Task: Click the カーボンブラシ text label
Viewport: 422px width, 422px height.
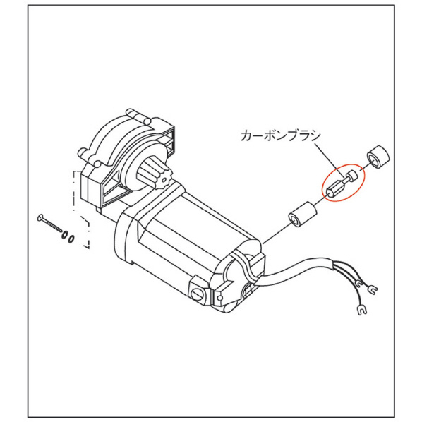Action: click(x=281, y=135)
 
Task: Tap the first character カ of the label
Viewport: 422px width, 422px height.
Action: click(x=246, y=135)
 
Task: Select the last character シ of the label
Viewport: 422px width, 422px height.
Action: click(x=315, y=135)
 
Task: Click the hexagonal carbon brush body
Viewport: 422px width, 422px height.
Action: click(x=334, y=188)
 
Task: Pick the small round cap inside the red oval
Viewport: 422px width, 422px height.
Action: click(x=353, y=175)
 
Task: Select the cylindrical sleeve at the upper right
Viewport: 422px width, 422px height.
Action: click(x=378, y=157)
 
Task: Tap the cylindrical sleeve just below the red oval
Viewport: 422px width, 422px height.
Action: click(x=303, y=215)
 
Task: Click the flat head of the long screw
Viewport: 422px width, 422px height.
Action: click(x=40, y=217)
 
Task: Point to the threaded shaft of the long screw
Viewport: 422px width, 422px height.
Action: click(x=52, y=224)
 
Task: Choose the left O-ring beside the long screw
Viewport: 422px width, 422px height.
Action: click(x=65, y=235)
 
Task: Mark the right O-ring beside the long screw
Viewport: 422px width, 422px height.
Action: click(x=71, y=239)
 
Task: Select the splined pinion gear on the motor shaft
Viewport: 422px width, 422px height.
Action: click(x=154, y=175)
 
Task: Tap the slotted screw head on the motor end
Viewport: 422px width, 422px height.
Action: click(x=198, y=294)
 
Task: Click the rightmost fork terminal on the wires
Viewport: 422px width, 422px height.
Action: click(x=372, y=289)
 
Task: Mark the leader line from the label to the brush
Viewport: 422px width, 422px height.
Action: click(x=329, y=159)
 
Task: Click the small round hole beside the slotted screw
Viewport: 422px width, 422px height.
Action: click(x=220, y=297)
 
